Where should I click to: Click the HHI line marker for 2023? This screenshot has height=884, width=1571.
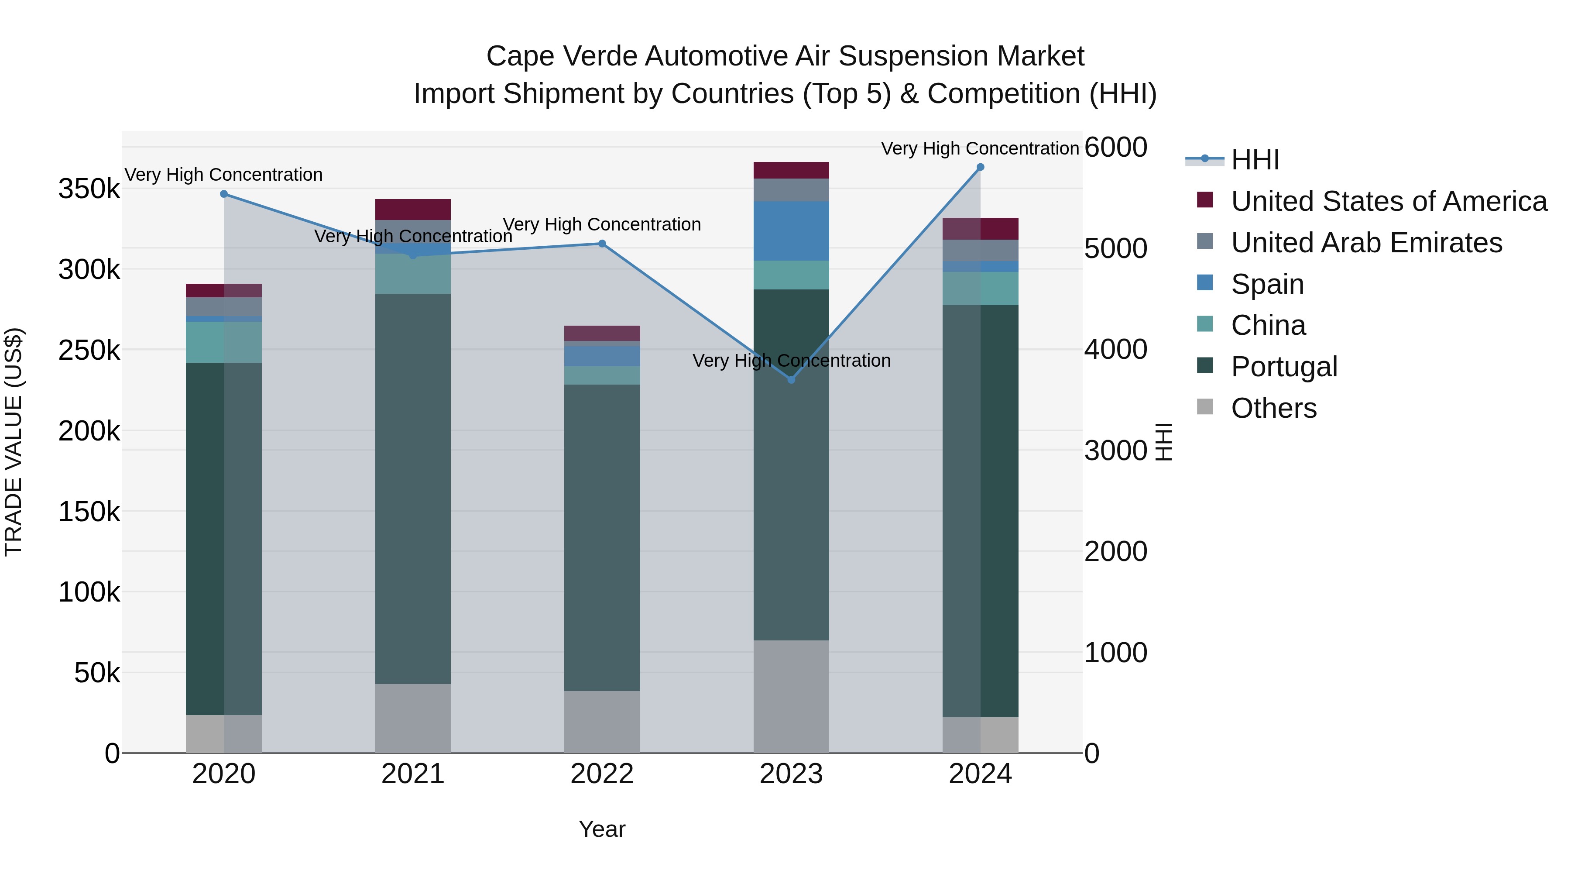click(x=791, y=379)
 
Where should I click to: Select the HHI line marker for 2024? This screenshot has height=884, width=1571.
click(x=980, y=167)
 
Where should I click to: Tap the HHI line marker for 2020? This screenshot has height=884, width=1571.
click(x=224, y=194)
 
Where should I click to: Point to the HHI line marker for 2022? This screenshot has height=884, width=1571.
click(x=602, y=244)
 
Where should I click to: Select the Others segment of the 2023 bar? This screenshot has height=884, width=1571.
click(x=791, y=696)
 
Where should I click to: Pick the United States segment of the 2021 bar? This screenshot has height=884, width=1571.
click(x=413, y=209)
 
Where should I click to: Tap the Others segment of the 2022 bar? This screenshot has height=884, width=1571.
click(x=602, y=722)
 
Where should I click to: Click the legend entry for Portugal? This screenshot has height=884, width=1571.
click(x=1284, y=367)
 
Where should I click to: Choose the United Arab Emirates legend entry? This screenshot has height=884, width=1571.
click(x=1366, y=243)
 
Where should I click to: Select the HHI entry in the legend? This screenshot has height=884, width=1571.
click(x=1255, y=160)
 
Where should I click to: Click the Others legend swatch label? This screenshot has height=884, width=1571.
click(x=1273, y=408)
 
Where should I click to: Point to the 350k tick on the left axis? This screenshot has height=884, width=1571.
click(x=89, y=189)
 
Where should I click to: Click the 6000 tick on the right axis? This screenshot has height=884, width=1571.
click(x=1115, y=147)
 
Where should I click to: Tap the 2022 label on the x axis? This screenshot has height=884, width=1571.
click(x=602, y=774)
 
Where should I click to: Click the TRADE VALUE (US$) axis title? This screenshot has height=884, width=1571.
click(x=14, y=442)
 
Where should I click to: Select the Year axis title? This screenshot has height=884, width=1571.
click(x=602, y=829)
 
